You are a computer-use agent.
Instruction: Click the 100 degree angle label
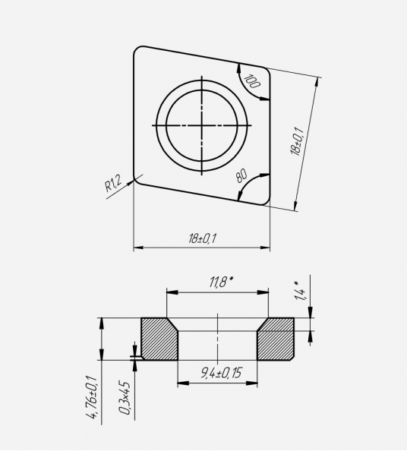[x=252, y=81]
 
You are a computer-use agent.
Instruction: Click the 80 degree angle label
[x=241, y=176]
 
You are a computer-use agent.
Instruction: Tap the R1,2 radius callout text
[x=113, y=184]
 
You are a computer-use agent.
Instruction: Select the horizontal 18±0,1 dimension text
[x=203, y=238]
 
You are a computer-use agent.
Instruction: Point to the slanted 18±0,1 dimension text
[x=297, y=141]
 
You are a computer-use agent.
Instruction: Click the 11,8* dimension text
[x=221, y=282]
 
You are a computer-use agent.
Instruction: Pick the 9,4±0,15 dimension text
[x=221, y=373]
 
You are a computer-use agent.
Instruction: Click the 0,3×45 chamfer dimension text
[x=125, y=398]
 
